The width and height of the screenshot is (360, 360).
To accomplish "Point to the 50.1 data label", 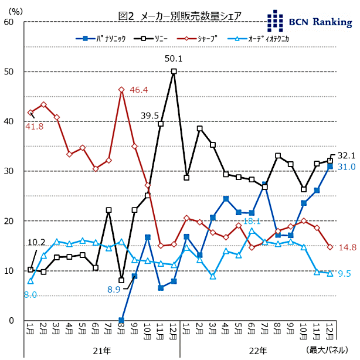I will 174,59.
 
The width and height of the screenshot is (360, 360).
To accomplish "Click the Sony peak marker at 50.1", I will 174,72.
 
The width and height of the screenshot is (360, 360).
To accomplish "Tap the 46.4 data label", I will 139,90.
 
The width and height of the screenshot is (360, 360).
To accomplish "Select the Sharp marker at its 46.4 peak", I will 121,90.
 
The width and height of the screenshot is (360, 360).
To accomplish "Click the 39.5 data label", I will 150,116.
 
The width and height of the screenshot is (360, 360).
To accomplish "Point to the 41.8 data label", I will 34,126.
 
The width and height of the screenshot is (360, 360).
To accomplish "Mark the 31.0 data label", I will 347,167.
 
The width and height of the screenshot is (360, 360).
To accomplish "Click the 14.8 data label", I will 347,247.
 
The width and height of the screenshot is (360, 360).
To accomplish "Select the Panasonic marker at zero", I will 121,321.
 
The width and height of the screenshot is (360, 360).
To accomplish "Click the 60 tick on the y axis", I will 9,22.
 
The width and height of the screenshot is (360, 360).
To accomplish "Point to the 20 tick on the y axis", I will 9,221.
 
